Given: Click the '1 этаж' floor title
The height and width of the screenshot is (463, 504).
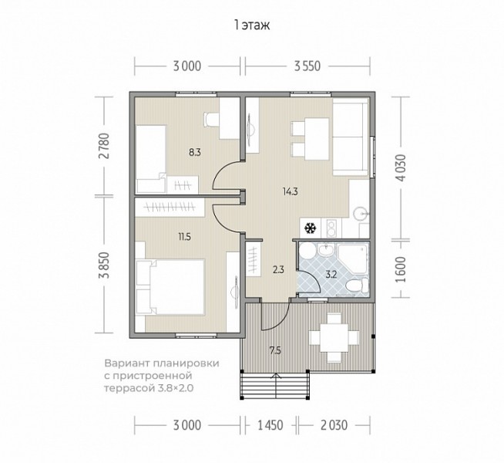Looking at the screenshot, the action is [x=252, y=25].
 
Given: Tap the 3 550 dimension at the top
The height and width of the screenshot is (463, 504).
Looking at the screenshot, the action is [x=307, y=66].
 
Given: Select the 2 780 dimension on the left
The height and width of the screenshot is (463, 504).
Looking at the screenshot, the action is [x=105, y=146].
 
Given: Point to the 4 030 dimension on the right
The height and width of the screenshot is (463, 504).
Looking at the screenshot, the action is [x=402, y=167].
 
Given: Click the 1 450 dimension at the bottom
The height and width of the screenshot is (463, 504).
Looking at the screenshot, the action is [x=270, y=425].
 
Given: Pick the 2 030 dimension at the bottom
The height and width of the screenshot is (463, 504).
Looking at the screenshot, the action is [x=334, y=425].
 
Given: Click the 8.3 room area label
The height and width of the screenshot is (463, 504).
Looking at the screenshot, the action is [x=195, y=152].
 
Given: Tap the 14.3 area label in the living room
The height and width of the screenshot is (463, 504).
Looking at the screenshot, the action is [x=291, y=192].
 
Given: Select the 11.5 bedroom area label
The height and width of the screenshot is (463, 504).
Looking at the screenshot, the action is [x=185, y=237].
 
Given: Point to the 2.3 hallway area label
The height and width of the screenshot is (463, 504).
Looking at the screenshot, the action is [x=278, y=269].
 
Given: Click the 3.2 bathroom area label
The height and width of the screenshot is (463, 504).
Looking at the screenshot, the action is [x=331, y=275].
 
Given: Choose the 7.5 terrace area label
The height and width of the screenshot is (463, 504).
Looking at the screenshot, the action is [x=275, y=350].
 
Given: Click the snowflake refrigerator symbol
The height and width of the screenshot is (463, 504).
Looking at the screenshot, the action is [x=310, y=228].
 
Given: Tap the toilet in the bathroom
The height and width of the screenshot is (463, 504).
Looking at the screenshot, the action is [x=357, y=285].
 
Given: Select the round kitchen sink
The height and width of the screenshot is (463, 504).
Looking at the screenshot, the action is [x=361, y=213].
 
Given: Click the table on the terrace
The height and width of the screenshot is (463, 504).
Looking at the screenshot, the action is [x=334, y=337].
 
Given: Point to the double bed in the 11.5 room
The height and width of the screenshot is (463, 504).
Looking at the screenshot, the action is [x=170, y=287].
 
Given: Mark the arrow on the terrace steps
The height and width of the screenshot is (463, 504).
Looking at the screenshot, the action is [x=275, y=386].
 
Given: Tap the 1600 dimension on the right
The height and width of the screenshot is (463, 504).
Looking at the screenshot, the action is [x=402, y=269].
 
